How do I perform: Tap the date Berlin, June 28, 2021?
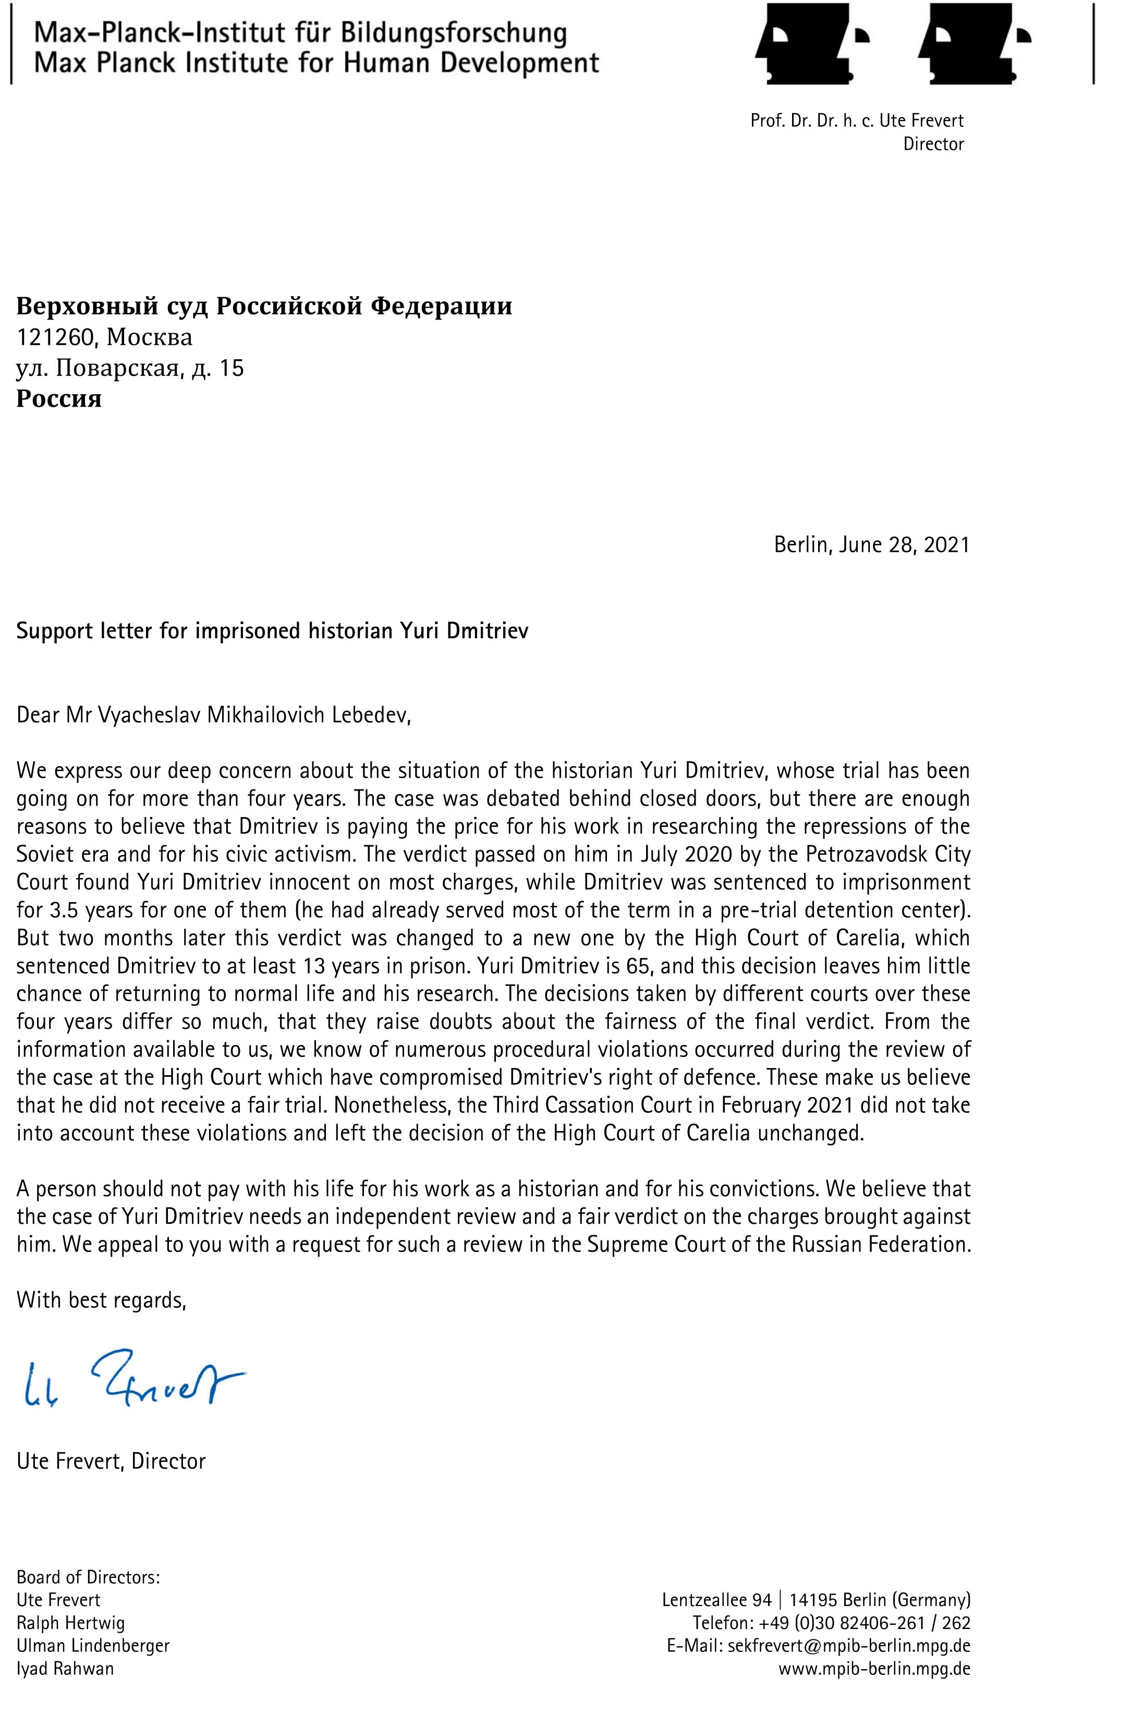click(x=871, y=544)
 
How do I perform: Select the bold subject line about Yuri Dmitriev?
click(x=272, y=630)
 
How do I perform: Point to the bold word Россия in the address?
click(x=59, y=398)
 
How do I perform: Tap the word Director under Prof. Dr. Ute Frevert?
click(x=933, y=144)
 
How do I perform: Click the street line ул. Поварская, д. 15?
click(x=130, y=368)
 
